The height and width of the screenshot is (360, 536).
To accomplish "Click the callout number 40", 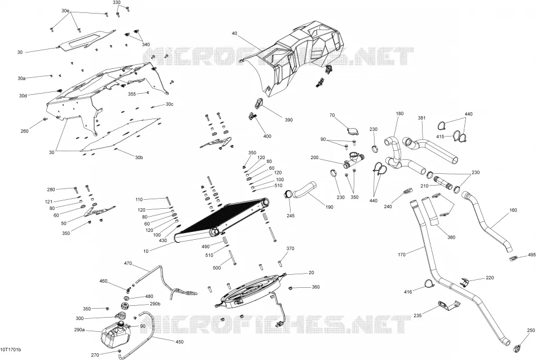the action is coord(234,33).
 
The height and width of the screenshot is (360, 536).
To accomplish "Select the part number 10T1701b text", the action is coord(11,350).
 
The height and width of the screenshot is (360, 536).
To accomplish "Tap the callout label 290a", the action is coord(80,330).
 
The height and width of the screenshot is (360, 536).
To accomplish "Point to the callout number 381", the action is coord(422,118).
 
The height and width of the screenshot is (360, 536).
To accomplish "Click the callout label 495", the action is coord(532,254).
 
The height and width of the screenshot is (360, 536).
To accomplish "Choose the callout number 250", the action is coord(531,330).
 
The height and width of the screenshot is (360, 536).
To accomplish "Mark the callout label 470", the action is coord(128,264).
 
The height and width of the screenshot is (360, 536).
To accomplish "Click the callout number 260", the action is coord(25,131).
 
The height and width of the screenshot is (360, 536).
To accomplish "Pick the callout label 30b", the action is coord(139,157).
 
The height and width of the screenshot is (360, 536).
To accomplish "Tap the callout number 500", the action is coord(217,268).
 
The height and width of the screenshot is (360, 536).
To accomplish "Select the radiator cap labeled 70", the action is coord(351,132).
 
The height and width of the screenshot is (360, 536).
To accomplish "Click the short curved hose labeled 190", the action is coord(304,190).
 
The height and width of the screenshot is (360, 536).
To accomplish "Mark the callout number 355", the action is coord(132,94).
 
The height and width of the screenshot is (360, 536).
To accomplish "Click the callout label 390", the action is coord(289,120).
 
